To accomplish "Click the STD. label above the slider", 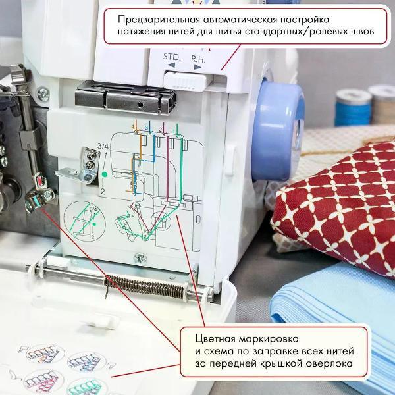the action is pos(172,57).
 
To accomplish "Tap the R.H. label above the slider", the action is pos(198,59).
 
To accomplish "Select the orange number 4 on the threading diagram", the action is pos(133,127).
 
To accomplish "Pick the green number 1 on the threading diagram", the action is pos(173,131).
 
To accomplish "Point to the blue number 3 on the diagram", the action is pos(146,128).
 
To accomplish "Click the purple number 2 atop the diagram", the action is pos(160,130).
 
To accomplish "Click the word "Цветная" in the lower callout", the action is pos(215,339).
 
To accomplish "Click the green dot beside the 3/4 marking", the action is pos(104,174).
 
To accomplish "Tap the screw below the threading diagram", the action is pos(140,258).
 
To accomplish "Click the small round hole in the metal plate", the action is pos(140,104).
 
